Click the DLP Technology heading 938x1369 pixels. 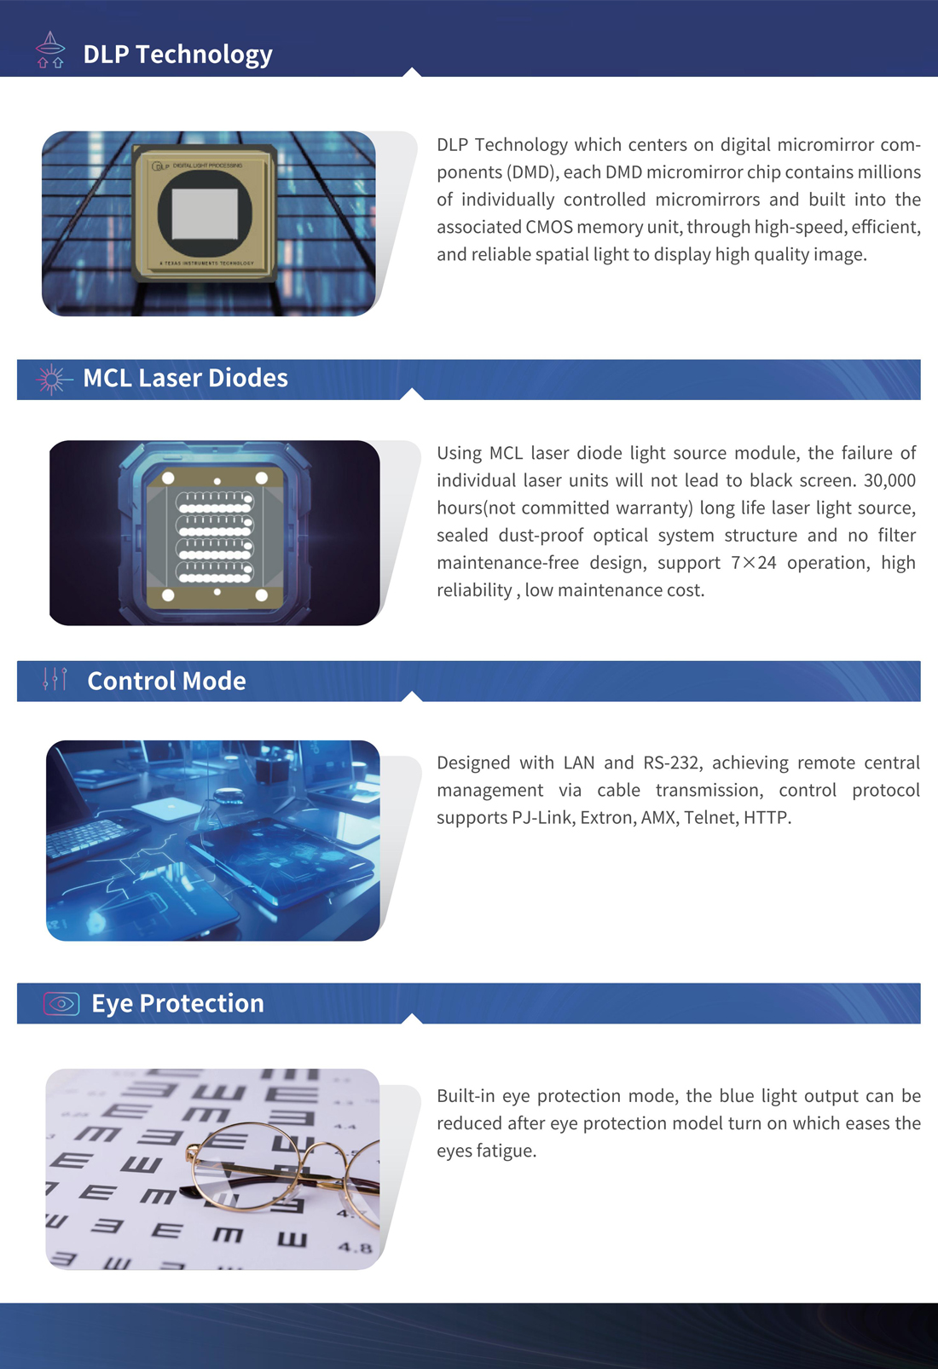coord(178,55)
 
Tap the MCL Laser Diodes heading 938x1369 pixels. coord(185,378)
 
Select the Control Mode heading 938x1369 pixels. coord(166,681)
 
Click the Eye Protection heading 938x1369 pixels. coord(177,1004)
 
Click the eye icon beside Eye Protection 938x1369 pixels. coord(61,1004)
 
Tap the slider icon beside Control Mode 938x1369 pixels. coord(55,679)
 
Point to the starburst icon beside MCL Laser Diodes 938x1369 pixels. coord(53,380)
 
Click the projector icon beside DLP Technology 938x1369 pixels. coord(50,50)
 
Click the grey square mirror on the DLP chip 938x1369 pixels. coord(205,213)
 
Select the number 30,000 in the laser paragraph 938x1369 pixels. coord(889,480)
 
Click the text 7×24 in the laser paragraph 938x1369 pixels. coord(754,562)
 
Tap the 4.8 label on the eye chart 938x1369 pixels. coord(355,1247)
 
